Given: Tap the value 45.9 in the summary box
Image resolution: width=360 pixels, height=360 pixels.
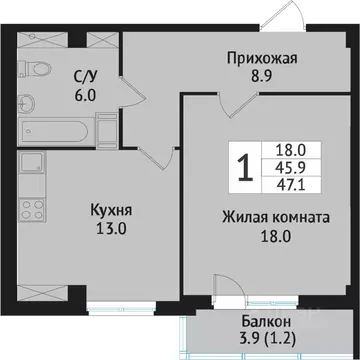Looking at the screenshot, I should [291, 168].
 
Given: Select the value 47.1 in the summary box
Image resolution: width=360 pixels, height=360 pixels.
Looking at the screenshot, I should [291, 186].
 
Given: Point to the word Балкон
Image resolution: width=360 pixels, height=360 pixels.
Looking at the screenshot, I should [265, 321].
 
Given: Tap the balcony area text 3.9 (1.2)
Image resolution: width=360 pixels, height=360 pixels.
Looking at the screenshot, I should [265, 339].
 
